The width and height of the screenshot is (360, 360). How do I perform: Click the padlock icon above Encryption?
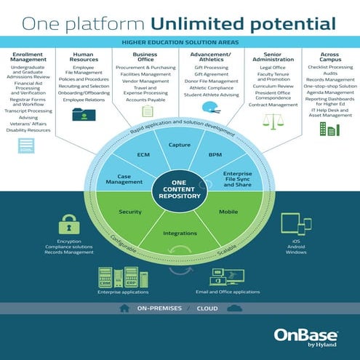tap(68, 223)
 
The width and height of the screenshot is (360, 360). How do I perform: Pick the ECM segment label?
tap(143, 155)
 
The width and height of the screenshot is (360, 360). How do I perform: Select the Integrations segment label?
tap(179, 233)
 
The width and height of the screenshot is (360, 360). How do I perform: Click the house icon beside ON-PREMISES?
tap(125, 308)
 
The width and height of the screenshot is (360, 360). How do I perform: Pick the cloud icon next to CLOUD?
tap(234, 308)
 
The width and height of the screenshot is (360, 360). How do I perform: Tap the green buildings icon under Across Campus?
tap(329, 129)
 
